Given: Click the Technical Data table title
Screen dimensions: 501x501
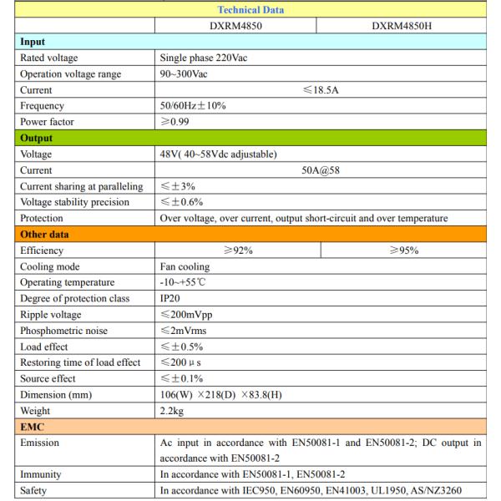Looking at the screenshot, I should (250, 10).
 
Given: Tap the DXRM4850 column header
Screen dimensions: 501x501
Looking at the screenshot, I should (236, 26).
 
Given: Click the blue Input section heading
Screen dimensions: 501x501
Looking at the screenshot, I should (33, 42).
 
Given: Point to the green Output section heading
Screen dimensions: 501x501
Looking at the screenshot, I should (38, 138).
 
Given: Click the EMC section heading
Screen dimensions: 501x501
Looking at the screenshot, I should (33, 427).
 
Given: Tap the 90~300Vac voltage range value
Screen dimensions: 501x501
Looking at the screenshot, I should (185, 74).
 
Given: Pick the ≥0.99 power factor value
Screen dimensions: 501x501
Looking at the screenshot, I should (178, 122).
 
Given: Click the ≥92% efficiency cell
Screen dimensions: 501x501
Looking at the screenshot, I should (236, 250).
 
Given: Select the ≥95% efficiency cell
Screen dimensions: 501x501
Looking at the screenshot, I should (402, 250).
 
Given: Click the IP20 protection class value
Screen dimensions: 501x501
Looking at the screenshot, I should (171, 298).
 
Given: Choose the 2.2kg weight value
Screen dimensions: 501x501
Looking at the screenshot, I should (174, 411).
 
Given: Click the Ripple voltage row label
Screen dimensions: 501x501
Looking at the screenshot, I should (53, 315).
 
